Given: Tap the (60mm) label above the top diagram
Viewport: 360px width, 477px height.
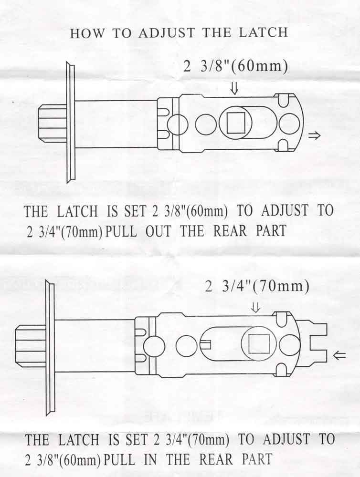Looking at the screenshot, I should (260, 67).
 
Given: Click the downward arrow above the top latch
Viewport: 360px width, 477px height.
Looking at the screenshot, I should (234, 88).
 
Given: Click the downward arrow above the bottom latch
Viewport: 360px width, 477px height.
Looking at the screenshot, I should (256, 309).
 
